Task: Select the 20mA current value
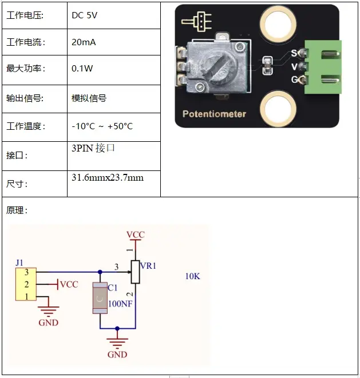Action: tap(84, 42)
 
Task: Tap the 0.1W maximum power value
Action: tap(82, 68)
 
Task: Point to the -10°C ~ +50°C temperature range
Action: tap(102, 126)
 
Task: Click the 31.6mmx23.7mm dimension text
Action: tap(107, 177)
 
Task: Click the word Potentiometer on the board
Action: tap(214, 114)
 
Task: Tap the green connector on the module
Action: tap(323, 66)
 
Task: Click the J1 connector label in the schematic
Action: tap(20, 262)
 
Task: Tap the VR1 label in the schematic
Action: tap(148, 266)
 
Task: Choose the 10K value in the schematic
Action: tap(192, 276)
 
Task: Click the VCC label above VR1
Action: tap(135, 235)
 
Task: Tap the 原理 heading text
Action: tap(17, 210)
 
